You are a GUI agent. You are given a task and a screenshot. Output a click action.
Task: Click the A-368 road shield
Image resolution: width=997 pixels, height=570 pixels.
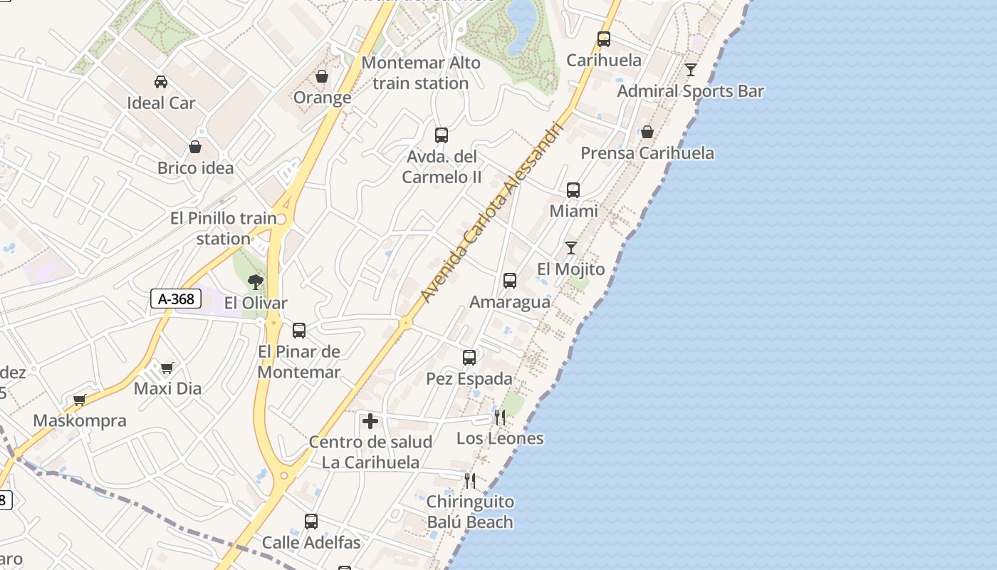pyautogui.click(x=175, y=299)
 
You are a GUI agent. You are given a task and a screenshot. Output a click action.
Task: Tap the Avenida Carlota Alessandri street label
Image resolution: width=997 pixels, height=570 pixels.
pyautogui.click(x=491, y=212)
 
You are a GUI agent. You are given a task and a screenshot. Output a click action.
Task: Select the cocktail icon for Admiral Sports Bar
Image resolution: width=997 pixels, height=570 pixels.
pyautogui.click(x=691, y=70)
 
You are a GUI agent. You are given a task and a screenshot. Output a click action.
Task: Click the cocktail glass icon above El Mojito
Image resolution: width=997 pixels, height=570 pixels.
pyautogui.click(x=571, y=248)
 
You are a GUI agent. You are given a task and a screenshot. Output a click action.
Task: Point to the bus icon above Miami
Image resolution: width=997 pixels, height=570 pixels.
pyautogui.click(x=573, y=190)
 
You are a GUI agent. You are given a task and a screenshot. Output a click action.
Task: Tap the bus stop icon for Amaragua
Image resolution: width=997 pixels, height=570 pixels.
pyautogui.click(x=510, y=281)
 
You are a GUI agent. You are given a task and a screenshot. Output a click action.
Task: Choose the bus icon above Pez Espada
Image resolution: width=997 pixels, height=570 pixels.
pyautogui.click(x=469, y=358)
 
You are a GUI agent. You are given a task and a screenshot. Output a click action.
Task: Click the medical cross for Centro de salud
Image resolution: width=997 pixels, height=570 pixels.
pyautogui.click(x=370, y=421)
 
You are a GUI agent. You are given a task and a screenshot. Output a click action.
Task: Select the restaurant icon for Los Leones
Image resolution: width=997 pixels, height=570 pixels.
pyautogui.click(x=500, y=418)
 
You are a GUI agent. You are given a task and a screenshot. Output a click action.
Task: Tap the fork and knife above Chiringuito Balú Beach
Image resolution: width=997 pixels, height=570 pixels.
pyautogui.click(x=470, y=481)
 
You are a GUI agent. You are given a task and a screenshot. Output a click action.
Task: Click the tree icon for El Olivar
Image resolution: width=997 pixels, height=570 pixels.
pyautogui.click(x=256, y=282)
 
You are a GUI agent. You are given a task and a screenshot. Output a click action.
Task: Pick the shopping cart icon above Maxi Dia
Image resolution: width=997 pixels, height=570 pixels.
pyautogui.click(x=167, y=368)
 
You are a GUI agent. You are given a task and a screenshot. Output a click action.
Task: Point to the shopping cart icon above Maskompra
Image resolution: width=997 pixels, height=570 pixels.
pyautogui.click(x=80, y=400)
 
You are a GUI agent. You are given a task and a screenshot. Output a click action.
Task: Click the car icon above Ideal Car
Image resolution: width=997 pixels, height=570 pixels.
pyautogui.click(x=161, y=82)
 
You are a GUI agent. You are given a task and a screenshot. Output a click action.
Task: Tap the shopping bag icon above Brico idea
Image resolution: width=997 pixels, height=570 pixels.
pyautogui.click(x=195, y=147)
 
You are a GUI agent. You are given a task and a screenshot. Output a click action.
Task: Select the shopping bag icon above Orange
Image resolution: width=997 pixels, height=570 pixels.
pyautogui.click(x=322, y=76)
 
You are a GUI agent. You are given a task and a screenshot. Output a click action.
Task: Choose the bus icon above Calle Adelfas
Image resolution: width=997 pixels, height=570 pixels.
pyautogui.click(x=311, y=522)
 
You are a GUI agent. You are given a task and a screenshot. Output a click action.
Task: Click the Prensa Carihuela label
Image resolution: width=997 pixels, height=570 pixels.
pyautogui.click(x=647, y=153)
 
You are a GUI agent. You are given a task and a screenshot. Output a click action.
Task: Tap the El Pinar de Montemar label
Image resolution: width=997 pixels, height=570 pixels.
pyautogui.click(x=299, y=361)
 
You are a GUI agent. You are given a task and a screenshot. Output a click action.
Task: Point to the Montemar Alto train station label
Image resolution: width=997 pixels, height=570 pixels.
pyautogui.click(x=420, y=73)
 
